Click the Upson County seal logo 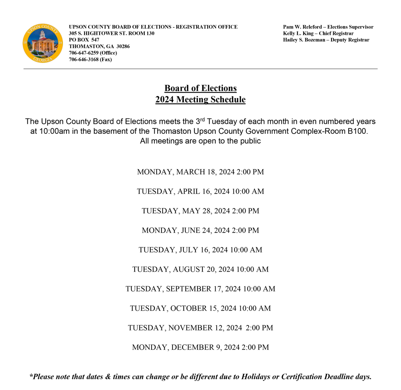coord(43,43)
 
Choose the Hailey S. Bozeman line coord(326,40)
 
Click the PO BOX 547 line coord(84,40)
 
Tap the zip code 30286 coord(123,46)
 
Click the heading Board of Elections coord(200,88)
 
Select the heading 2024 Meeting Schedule coord(200,100)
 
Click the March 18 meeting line coord(200,172)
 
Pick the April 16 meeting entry coord(200,191)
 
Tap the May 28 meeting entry coord(200,211)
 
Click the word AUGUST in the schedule coord(189,269)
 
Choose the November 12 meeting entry coord(200,328)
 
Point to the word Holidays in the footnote coord(256,377)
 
